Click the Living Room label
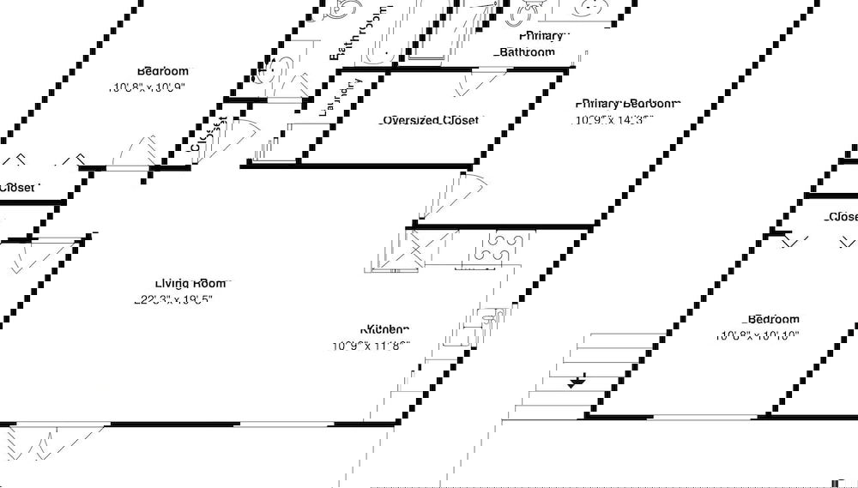(x=190, y=283)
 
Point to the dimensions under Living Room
(x=172, y=300)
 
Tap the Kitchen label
(x=385, y=329)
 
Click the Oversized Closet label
(x=429, y=121)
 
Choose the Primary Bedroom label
(x=629, y=104)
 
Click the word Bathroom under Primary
(x=528, y=52)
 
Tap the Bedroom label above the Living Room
(x=162, y=71)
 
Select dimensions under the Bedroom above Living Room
(x=147, y=87)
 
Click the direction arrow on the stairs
(x=577, y=380)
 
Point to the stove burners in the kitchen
(x=488, y=248)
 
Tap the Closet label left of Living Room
(x=17, y=187)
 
